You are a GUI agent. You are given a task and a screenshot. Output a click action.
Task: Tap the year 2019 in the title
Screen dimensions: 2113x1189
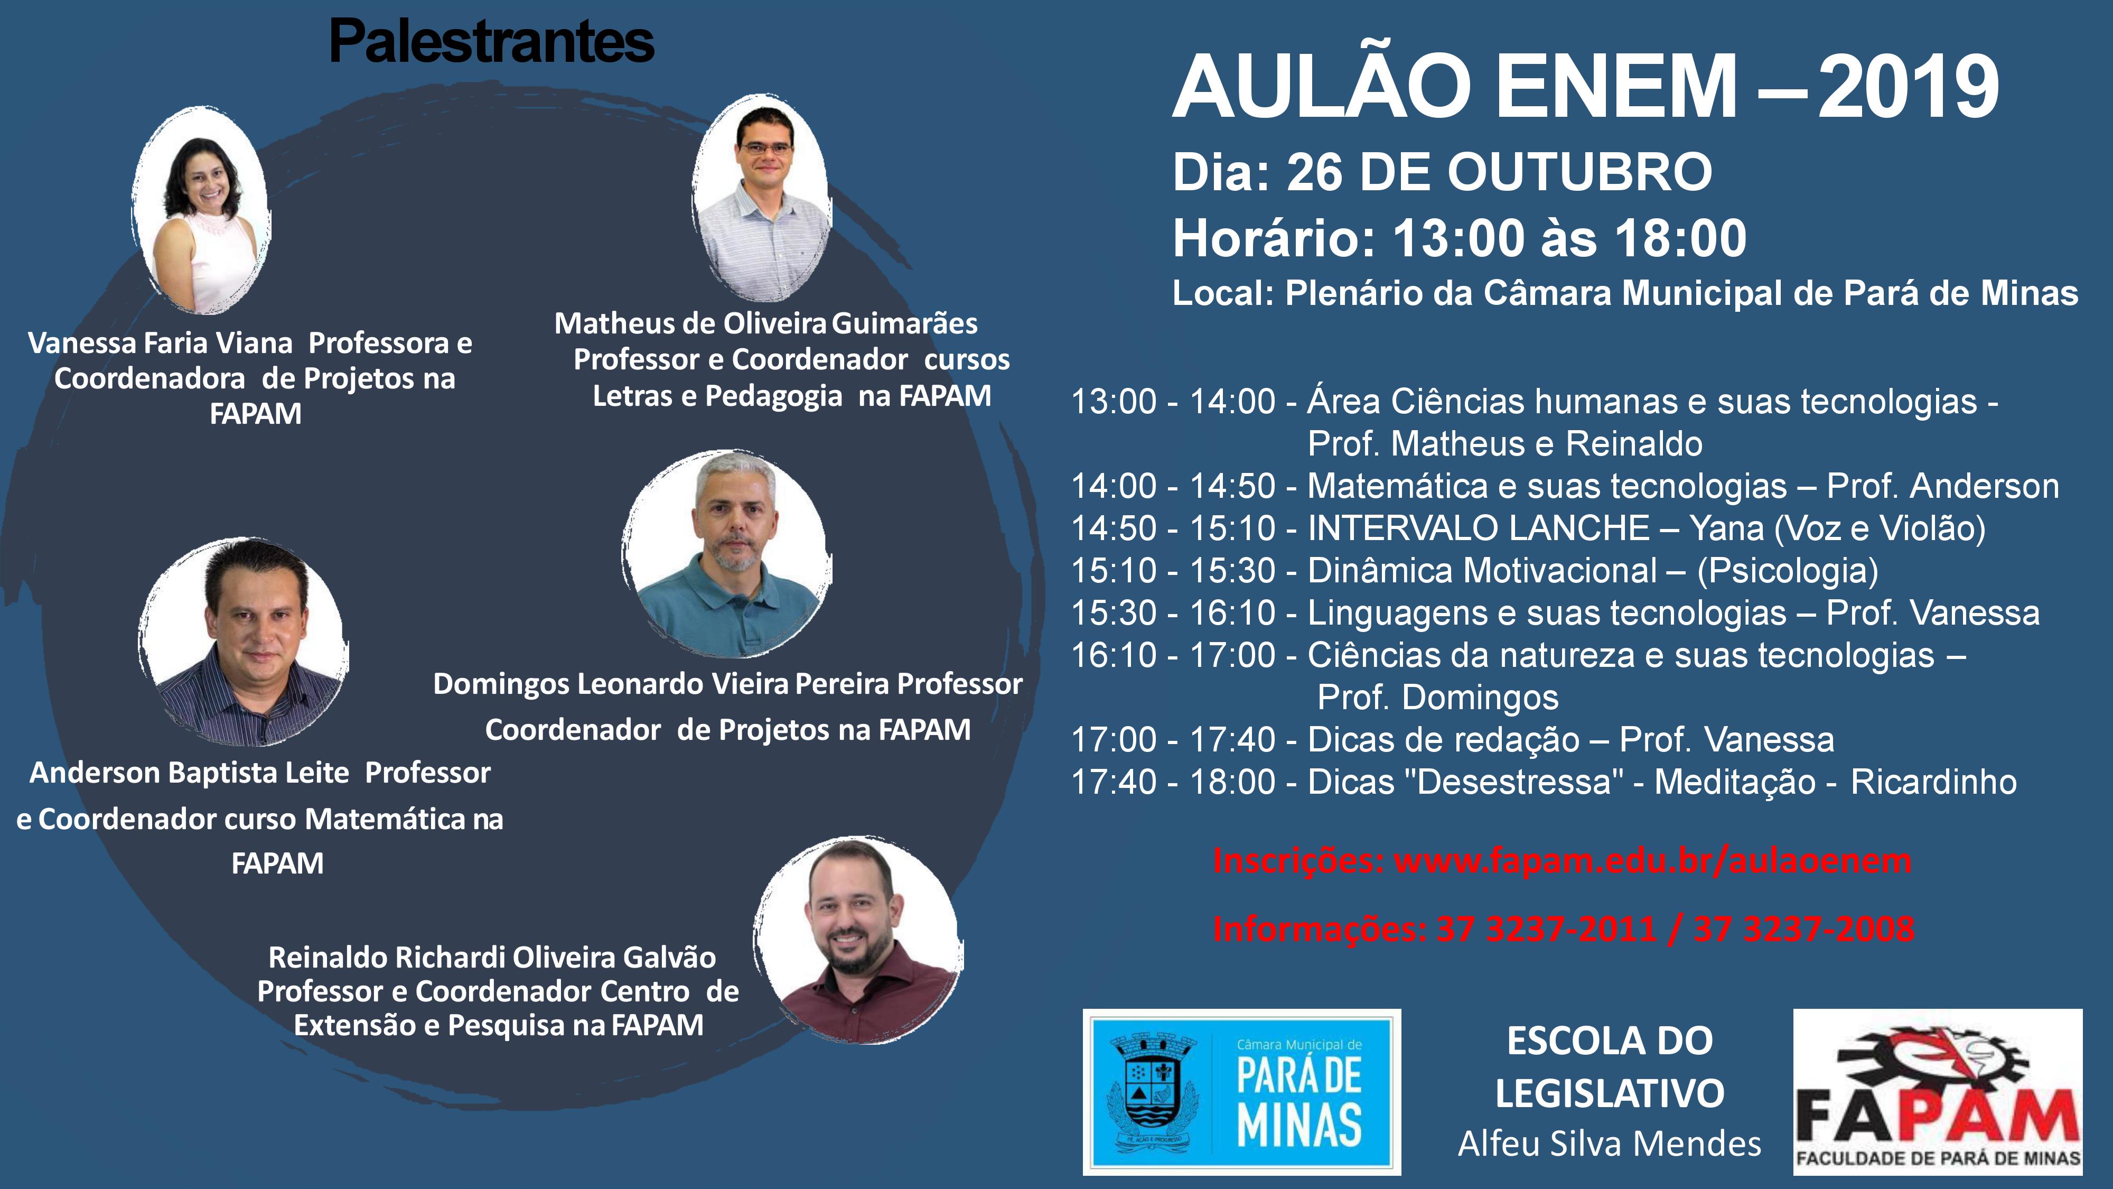pos(1909,88)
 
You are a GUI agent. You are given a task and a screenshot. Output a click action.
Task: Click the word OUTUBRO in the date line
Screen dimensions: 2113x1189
pos(1580,172)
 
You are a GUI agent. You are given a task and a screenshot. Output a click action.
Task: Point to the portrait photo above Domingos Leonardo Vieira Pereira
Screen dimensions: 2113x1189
pos(727,554)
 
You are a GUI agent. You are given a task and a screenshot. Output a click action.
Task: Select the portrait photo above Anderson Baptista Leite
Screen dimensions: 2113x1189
pos(244,642)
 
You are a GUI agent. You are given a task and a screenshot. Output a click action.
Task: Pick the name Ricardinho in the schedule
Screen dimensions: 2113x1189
pos(1933,782)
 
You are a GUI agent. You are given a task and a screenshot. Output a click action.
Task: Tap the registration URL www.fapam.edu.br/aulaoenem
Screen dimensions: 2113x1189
pos(1653,861)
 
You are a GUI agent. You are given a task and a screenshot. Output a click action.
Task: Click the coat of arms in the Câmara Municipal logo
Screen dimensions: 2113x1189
pos(1147,1092)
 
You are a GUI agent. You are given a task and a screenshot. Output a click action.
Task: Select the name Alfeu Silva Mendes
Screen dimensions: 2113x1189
pos(1610,1143)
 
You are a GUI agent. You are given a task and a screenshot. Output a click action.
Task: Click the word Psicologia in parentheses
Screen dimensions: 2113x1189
pos(1788,570)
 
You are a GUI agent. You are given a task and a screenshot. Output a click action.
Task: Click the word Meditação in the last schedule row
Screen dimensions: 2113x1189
pos(1735,782)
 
